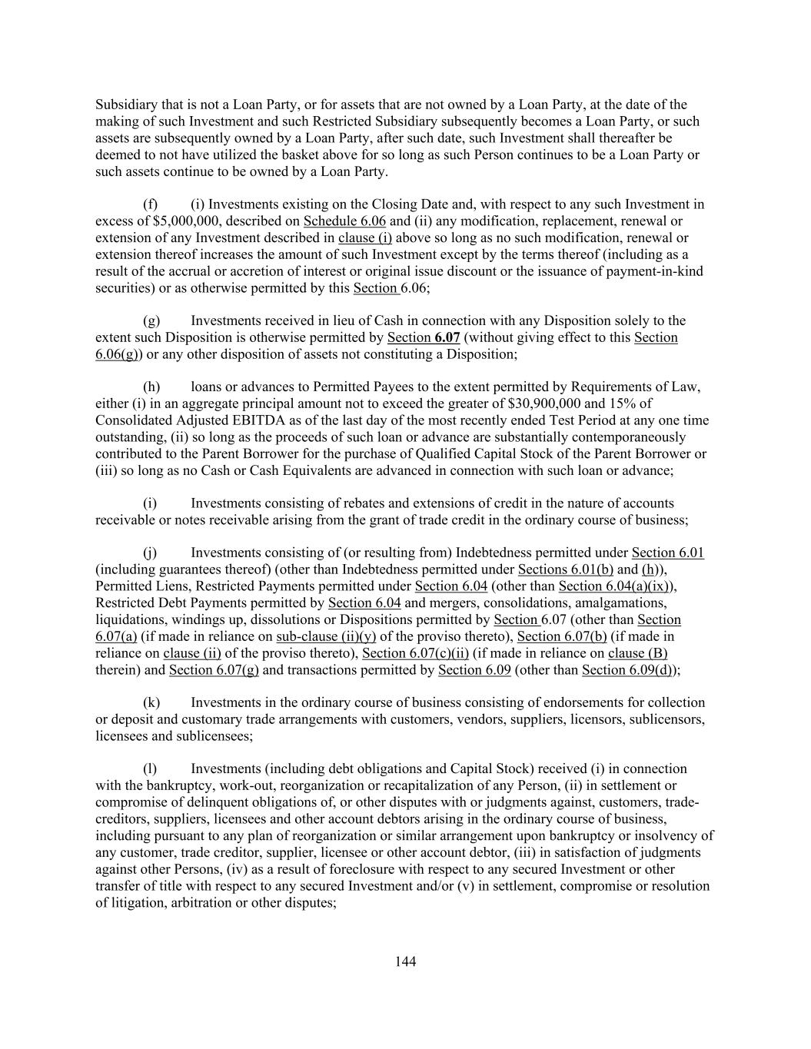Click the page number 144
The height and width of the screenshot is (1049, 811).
click(405, 961)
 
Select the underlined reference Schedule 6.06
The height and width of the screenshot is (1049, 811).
click(344, 221)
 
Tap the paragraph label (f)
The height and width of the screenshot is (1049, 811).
click(151, 204)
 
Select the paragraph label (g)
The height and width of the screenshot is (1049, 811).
click(151, 320)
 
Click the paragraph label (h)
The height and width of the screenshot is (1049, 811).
click(151, 387)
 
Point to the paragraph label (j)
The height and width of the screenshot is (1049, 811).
click(151, 553)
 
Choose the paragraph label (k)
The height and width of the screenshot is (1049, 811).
click(151, 702)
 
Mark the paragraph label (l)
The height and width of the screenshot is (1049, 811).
click(151, 768)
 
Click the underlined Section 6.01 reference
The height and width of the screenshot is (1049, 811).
click(667, 553)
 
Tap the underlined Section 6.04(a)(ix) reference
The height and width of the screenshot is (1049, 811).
click(616, 586)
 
